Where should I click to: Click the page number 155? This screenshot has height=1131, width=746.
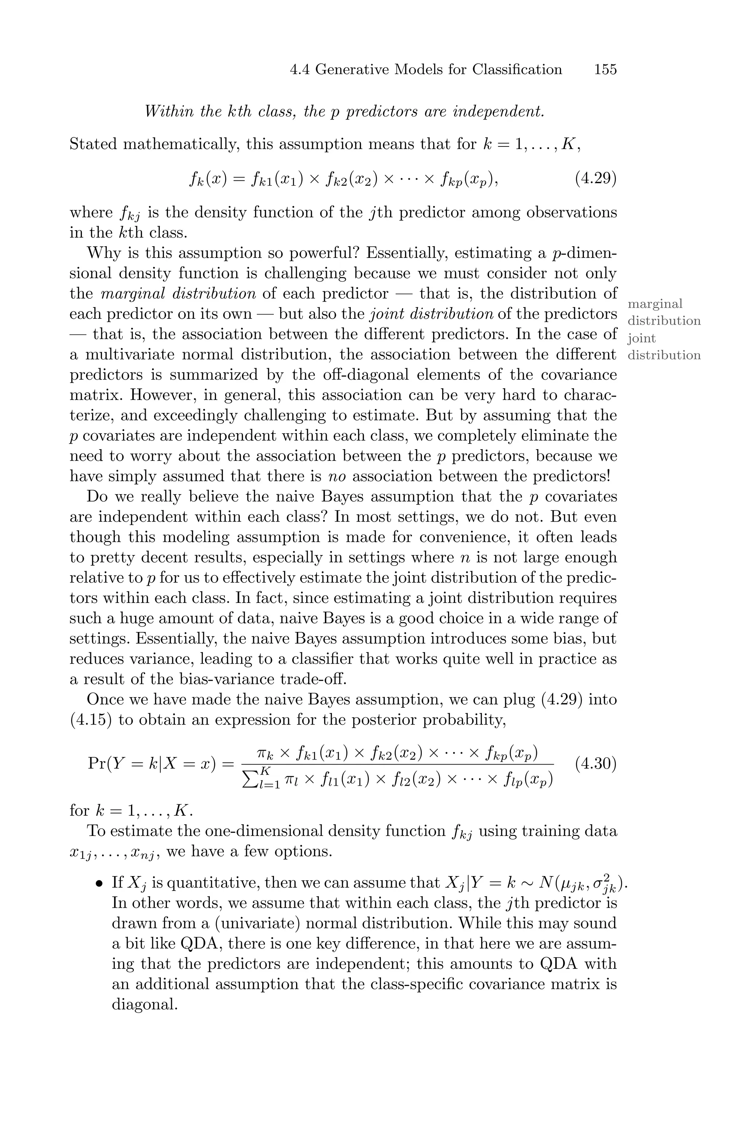pos(605,70)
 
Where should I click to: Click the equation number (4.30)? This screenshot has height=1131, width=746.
pos(596,764)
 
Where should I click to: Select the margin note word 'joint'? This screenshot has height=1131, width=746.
pos(641,339)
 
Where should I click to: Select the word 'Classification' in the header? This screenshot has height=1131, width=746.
pos(517,70)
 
